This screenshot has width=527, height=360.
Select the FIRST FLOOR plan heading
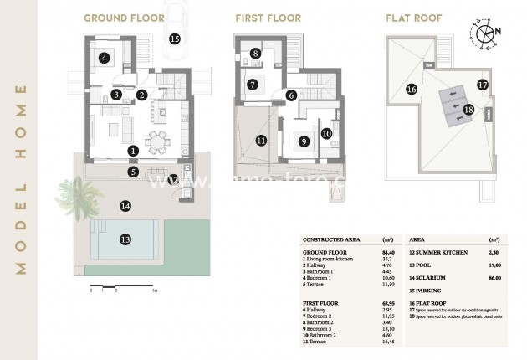pyautogui.click(x=264, y=18)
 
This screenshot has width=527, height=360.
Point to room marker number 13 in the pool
pyautogui.click(x=125, y=239)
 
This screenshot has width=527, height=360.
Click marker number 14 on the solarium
pyautogui.click(x=125, y=205)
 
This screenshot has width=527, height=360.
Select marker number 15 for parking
pyautogui.click(x=174, y=38)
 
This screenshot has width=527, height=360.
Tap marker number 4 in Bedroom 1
pyautogui.click(x=104, y=58)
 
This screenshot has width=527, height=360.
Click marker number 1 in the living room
pyautogui.click(x=133, y=151)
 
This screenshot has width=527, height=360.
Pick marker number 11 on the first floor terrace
pyautogui.click(x=261, y=141)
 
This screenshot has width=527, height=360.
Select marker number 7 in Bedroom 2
pyautogui.click(x=252, y=85)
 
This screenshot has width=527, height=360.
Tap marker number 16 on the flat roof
pyautogui.click(x=411, y=89)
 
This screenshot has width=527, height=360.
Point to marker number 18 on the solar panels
pyautogui.click(x=468, y=109)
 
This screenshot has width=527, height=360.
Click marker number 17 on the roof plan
pyautogui.click(x=482, y=84)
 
